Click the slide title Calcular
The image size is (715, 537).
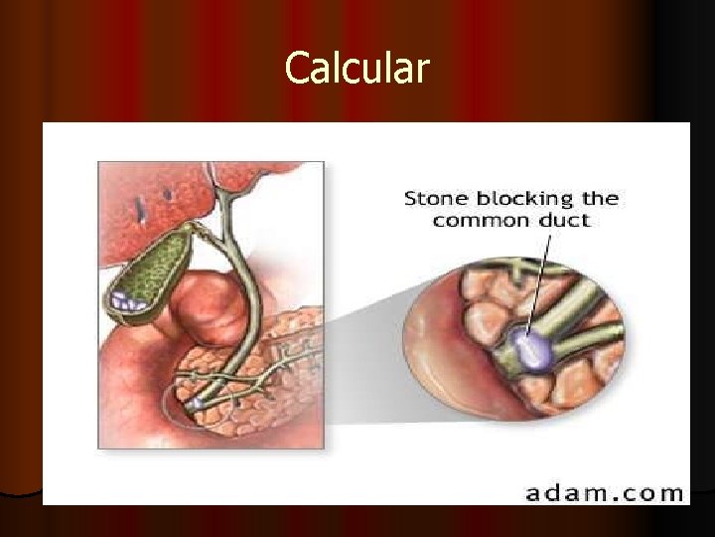357,69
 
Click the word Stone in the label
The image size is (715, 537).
435,198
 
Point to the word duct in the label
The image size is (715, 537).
562,220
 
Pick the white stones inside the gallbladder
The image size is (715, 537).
127,296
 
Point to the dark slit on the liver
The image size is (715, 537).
142,207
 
